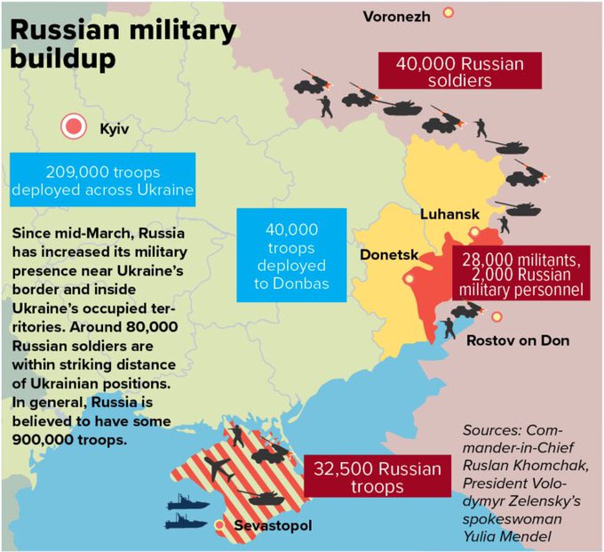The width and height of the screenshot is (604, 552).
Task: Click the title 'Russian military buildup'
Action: (x=123, y=44)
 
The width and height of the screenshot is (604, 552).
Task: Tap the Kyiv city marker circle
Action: (x=73, y=127)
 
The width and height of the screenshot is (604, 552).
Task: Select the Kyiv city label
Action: (x=115, y=130)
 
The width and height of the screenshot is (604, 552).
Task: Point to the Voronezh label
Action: (x=397, y=16)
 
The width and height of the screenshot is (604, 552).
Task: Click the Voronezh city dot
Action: (x=449, y=12)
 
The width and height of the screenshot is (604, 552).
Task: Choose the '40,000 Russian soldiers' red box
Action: (x=460, y=72)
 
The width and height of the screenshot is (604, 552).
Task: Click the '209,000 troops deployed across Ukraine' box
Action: (x=105, y=181)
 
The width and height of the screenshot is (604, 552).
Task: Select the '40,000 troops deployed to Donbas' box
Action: (x=290, y=256)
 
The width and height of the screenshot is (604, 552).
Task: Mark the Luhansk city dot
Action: (x=475, y=232)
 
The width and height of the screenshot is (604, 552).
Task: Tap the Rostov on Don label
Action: (x=518, y=340)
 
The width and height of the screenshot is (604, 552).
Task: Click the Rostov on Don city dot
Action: (x=497, y=317)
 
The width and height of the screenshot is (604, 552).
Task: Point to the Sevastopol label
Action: (x=273, y=528)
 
